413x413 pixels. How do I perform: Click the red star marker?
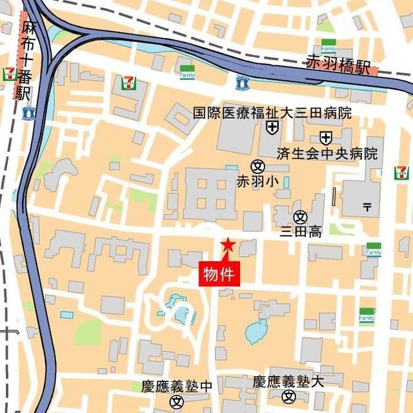click(x=228, y=245)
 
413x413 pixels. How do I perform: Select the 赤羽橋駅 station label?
click(x=338, y=66)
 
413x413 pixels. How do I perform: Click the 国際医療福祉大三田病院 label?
click(x=272, y=113)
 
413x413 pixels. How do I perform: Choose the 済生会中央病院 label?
click(x=327, y=154)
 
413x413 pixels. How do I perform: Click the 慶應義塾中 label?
click(x=177, y=387)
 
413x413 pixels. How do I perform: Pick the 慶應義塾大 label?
click(x=288, y=382)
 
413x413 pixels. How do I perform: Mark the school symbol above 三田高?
click(x=300, y=217)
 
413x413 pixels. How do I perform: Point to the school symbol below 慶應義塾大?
click(x=290, y=397)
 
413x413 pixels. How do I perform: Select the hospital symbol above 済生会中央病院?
click(x=326, y=138)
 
